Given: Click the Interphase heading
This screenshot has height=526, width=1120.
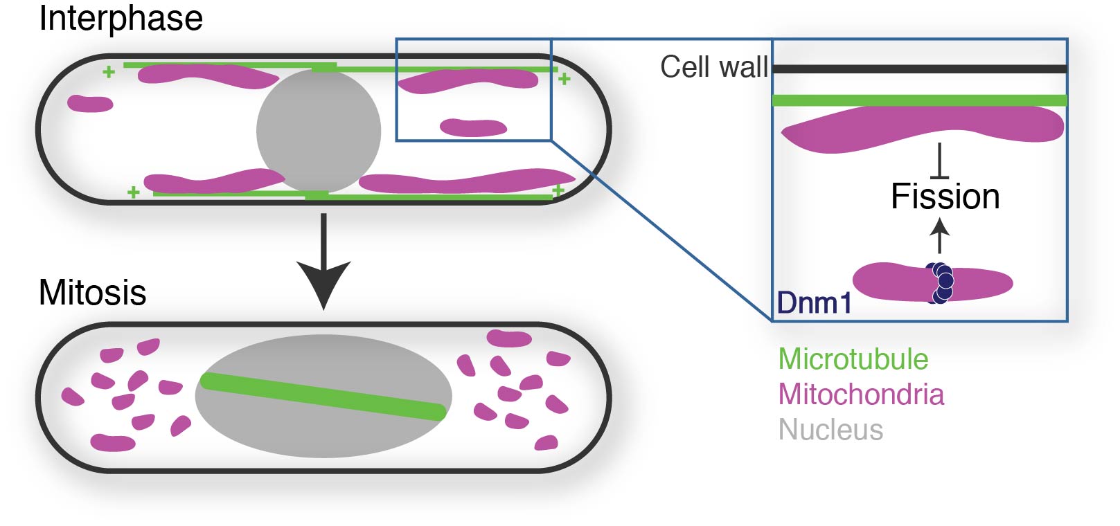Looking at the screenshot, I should tap(121, 19).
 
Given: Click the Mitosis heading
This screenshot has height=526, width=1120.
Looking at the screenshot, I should tap(92, 293).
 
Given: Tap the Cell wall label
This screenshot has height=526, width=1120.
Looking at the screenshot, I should tap(713, 67).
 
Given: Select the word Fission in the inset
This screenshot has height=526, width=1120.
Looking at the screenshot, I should tap(945, 197).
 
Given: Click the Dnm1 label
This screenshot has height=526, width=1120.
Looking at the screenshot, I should tap(814, 303).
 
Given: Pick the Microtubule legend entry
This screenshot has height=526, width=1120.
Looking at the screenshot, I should tap(853, 359).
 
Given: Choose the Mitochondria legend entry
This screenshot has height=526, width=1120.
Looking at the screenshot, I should tap(861, 394).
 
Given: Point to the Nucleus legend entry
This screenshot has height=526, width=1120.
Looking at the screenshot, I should tap(830, 430).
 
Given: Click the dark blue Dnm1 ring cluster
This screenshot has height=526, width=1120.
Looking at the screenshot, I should tap(941, 282).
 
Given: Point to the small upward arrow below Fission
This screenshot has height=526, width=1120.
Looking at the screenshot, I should tap(939, 235).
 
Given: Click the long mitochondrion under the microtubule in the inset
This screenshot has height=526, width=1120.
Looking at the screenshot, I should tap(921, 128).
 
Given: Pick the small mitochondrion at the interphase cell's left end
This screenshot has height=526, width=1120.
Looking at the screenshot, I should tap(90, 104).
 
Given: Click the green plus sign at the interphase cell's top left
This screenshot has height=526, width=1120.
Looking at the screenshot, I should tap(108, 72).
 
